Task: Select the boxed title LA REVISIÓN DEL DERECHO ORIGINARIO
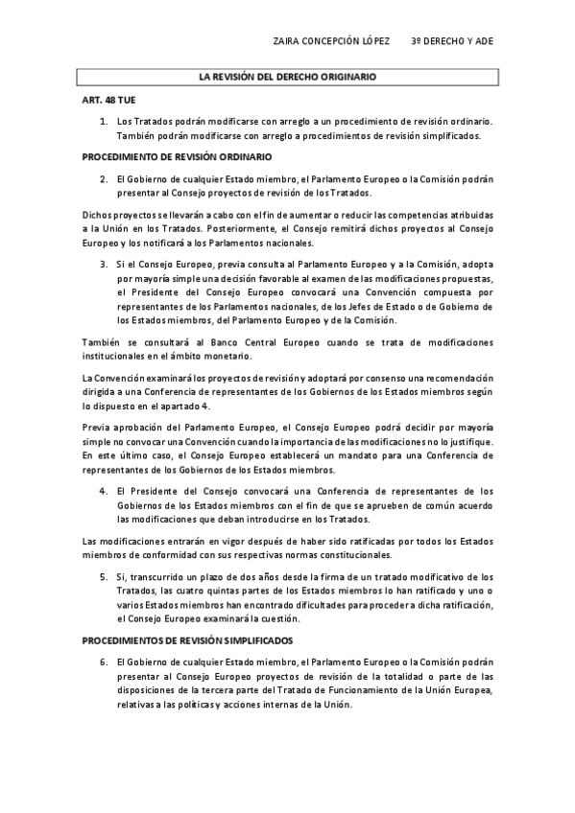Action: pyautogui.click(x=287, y=75)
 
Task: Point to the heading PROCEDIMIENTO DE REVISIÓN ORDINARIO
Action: pyautogui.click(x=177, y=156)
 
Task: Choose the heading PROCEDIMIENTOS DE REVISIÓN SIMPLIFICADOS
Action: pyautogui.click(x=187, y=639)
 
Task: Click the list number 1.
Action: pyautogui.click(x=103, y=122)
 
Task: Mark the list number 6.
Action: pyautogui.click(x=103, y=662)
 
